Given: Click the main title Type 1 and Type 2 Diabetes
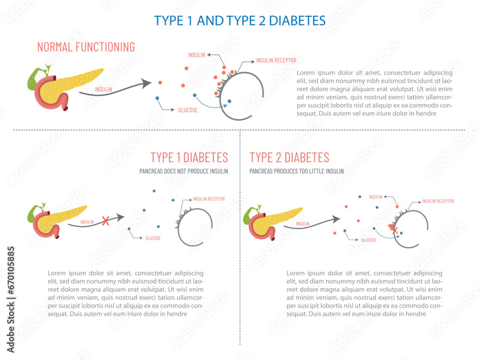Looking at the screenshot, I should point(240,20).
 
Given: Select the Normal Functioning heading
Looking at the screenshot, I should point(86,47).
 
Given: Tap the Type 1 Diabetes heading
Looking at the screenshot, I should point(189,157).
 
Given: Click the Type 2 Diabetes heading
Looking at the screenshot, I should point(289,157).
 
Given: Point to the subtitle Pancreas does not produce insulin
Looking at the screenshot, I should point(183,171).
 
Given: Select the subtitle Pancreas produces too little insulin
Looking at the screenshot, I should point(297,171).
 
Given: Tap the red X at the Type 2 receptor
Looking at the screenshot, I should point(395,230).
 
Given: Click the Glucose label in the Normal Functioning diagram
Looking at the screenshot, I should point(188,110).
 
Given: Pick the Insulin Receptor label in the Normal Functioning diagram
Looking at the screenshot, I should point(276,60).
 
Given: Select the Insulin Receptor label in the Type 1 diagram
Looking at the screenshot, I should point(209,199).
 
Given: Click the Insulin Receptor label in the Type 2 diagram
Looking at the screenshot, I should point(438,201).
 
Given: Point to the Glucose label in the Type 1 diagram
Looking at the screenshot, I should point(153,238).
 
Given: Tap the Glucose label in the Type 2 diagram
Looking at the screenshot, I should point(368,240).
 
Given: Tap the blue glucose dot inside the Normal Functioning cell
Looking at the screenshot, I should point(229,101).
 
